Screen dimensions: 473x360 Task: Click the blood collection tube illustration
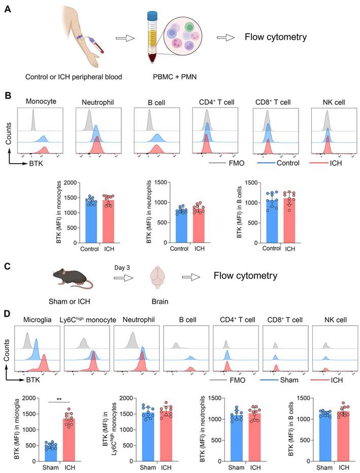click(151, 38)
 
